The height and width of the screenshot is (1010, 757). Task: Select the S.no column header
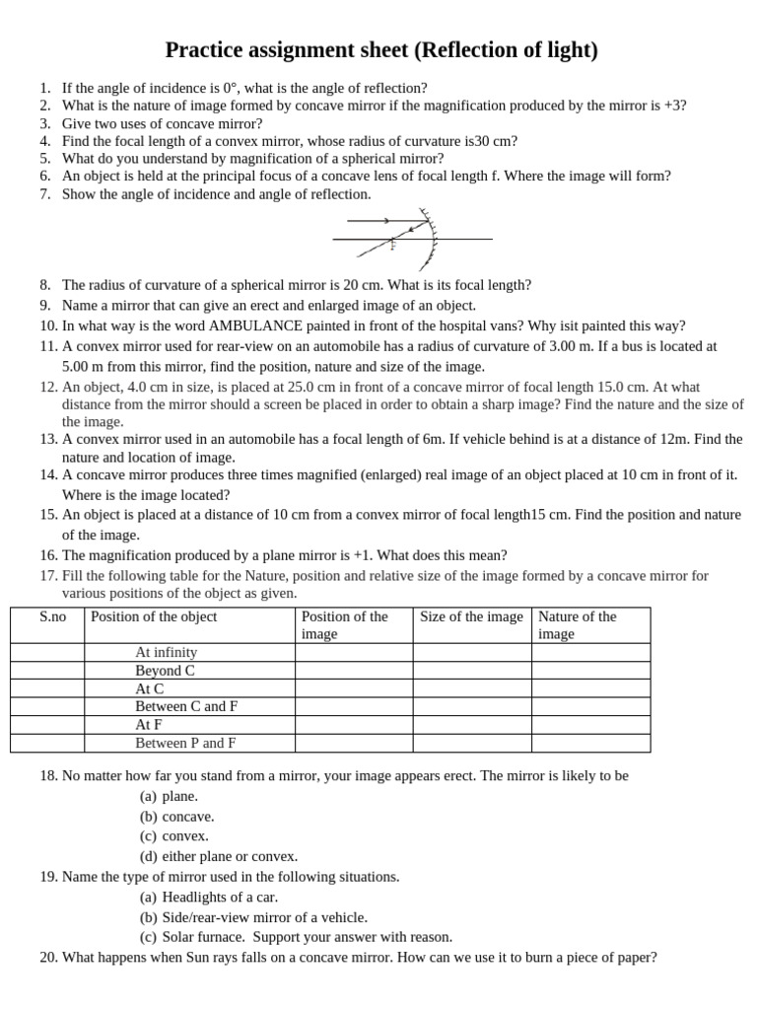click(53, 616)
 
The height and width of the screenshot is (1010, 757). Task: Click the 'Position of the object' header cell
click(154, 616)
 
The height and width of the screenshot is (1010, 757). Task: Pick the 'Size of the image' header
click(471, 616)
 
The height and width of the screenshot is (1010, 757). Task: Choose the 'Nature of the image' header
click(577, 624)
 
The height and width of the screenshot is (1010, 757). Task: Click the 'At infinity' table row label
click(166, 652)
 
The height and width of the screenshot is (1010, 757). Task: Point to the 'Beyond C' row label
click(165, 671)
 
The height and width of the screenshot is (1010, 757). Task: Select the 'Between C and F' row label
click(186, 706)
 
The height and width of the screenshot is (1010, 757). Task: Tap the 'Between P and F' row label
click(185, 743)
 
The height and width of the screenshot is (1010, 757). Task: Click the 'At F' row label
click(149, 724)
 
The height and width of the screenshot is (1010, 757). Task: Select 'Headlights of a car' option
click(220, 897)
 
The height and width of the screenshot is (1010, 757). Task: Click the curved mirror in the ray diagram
click(432, 240)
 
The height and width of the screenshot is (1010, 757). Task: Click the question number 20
click(49, 957)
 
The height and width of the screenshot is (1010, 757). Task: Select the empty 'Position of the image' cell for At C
click(354, 688)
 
